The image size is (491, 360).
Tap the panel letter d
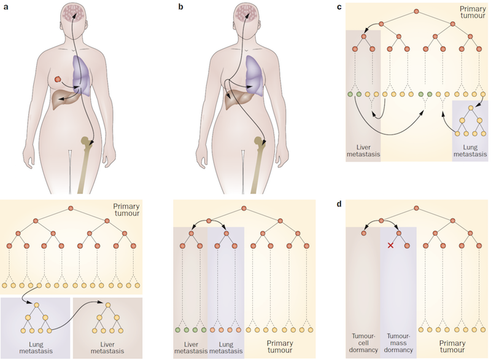pos(347,203)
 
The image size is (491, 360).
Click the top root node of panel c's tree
pos(416,12)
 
